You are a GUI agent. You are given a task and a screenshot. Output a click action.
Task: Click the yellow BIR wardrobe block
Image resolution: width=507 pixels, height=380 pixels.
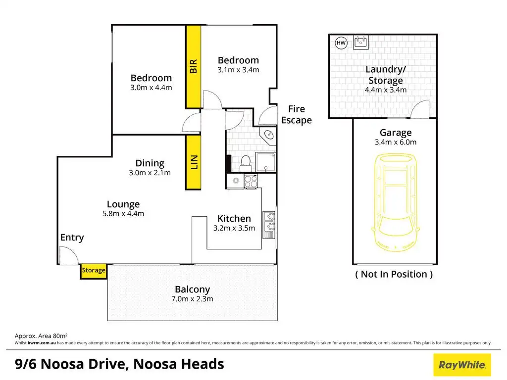click(x=193, y=67)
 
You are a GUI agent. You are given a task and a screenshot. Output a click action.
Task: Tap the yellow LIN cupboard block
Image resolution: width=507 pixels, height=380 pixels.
click(x=193, y=162)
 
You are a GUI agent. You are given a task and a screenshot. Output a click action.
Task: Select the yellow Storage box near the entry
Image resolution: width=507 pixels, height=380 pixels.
click(x=94, y=271)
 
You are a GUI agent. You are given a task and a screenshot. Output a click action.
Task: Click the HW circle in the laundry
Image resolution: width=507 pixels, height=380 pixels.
click(x=341, y=43)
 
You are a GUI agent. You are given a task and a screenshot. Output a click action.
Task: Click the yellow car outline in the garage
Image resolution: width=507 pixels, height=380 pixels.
click(x=395, y=203)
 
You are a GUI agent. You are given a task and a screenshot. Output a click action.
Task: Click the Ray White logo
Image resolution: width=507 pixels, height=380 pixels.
click(x=462, y=365)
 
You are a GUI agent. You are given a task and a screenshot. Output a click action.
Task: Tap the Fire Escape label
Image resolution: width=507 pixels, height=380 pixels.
click(x=297, y=114)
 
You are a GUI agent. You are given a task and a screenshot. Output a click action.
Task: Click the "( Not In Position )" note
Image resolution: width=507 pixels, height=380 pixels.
click(x=394, y=274)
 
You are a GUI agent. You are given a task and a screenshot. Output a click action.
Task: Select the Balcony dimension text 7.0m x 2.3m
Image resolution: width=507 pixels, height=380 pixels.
click(x=192, y=299)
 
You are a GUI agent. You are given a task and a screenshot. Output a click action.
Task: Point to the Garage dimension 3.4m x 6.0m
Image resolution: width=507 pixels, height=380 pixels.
click(x=395, y=142)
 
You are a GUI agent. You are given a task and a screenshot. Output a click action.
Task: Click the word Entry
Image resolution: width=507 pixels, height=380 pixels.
click(x=72, y=237)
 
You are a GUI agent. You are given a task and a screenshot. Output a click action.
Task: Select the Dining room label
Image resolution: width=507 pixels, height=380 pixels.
click(x=150, y=163)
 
